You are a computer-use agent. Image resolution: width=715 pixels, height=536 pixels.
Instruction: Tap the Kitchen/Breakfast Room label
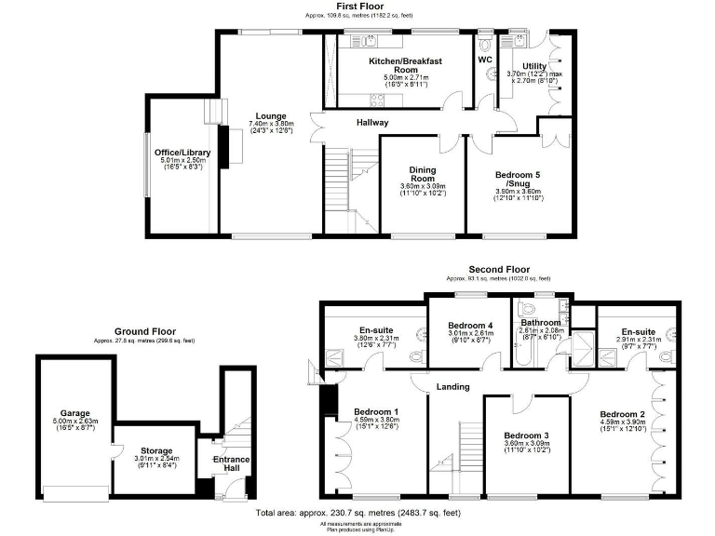pyautogui.click(x=405, y=65)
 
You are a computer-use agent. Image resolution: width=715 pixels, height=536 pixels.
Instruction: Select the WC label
pyautogui.click(x=484, y=60)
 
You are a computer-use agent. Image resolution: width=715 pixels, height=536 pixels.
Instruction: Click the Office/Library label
pyautogui.click(x=182, y=153)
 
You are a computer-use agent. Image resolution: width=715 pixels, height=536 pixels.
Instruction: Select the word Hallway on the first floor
pyautogui.click(x=372, y=123)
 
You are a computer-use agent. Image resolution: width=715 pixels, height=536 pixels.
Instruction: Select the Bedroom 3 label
pyautogui.click(x=527, y=435)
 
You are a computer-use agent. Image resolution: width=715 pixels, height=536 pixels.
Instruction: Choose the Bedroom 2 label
pyautogui.click(x=622, y=414)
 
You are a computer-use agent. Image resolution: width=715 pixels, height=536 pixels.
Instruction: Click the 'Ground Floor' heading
pyautogui.click(x=144, y=331)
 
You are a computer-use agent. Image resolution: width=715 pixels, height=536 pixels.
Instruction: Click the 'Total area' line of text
pyautogui.click(x=357, y=513)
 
